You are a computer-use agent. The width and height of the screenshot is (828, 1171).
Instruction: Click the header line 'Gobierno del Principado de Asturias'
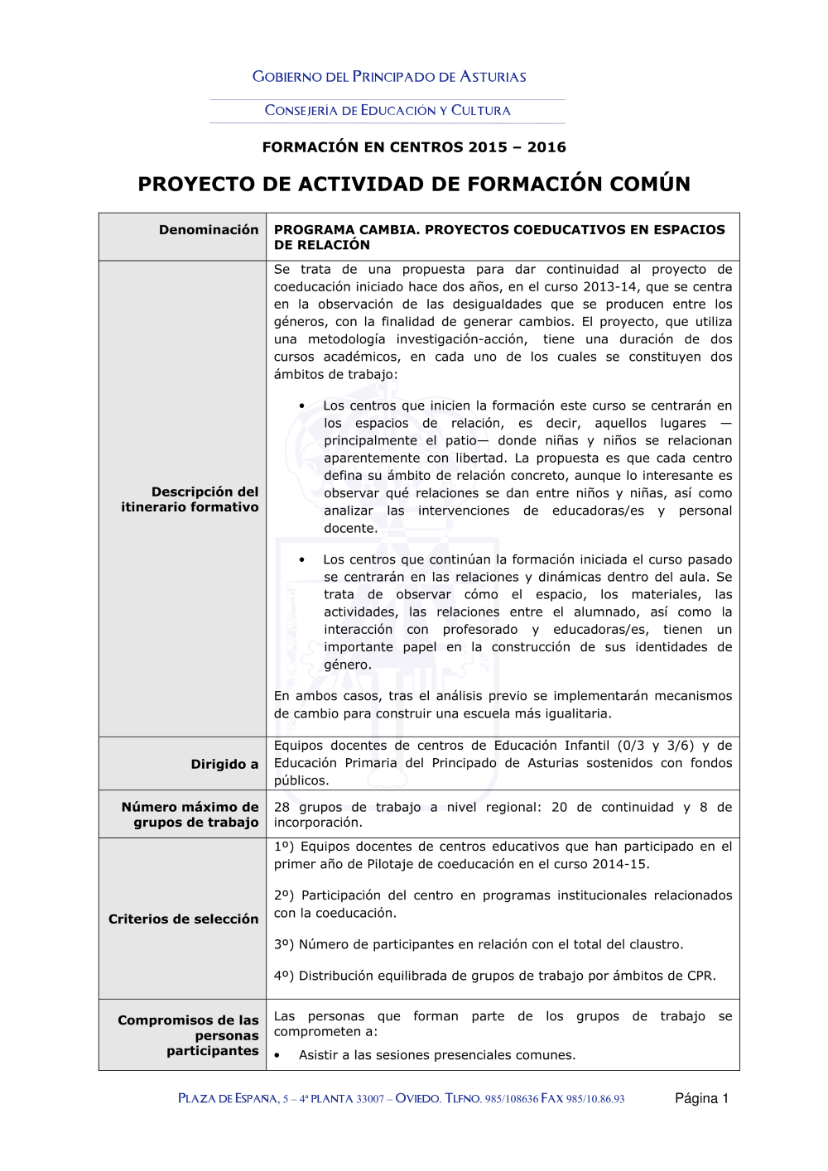[389, 77]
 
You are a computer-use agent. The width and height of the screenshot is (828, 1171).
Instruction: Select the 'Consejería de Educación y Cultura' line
[388, 110]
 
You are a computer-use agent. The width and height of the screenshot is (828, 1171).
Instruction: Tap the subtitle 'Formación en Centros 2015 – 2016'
[414, 147]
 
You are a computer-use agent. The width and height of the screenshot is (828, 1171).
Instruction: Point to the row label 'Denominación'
[209, 230]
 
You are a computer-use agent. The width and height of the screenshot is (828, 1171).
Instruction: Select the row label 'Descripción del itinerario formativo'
[190, 500]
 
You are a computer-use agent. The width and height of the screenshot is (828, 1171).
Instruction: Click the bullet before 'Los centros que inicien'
[302, 406]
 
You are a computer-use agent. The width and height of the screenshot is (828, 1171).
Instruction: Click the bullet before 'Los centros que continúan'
[302, 560]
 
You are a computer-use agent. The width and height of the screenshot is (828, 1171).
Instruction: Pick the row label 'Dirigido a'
[224, 765]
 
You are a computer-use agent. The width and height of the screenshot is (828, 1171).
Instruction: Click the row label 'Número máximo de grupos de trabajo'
[190, 815]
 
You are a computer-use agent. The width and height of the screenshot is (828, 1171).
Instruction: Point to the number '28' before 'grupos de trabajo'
[282, 808]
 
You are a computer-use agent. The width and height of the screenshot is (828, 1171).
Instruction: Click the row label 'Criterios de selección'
[184, 919]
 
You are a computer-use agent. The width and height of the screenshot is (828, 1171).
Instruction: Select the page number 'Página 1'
[701, 1099]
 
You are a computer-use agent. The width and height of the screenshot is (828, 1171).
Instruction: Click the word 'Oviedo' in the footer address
[417, 1099]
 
